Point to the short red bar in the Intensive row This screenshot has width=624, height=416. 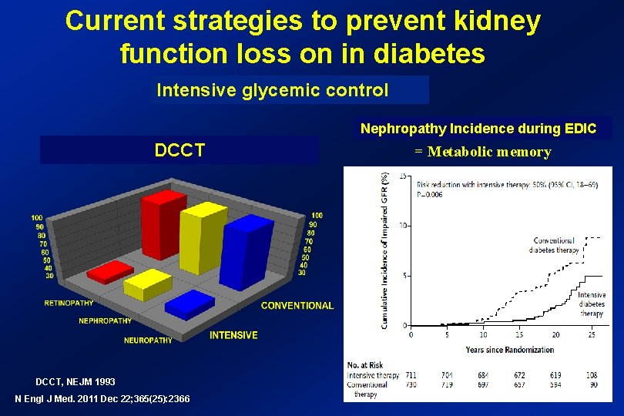coord(109,272)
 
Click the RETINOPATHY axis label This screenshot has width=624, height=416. coord(69,303)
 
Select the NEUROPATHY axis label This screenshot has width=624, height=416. coord(148,340)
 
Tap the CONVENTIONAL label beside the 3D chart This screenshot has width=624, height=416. coord(297,306)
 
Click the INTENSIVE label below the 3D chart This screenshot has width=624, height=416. coord(233,335)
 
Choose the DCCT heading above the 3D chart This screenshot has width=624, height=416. coord(179,150)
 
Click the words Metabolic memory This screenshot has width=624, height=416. coord(489,152)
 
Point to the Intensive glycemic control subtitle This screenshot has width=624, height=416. coord(273,90)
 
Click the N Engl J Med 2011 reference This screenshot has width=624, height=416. coord(102,398)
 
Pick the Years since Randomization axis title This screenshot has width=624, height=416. coord(509,350)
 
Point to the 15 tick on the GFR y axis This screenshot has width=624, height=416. coord(403,176)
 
